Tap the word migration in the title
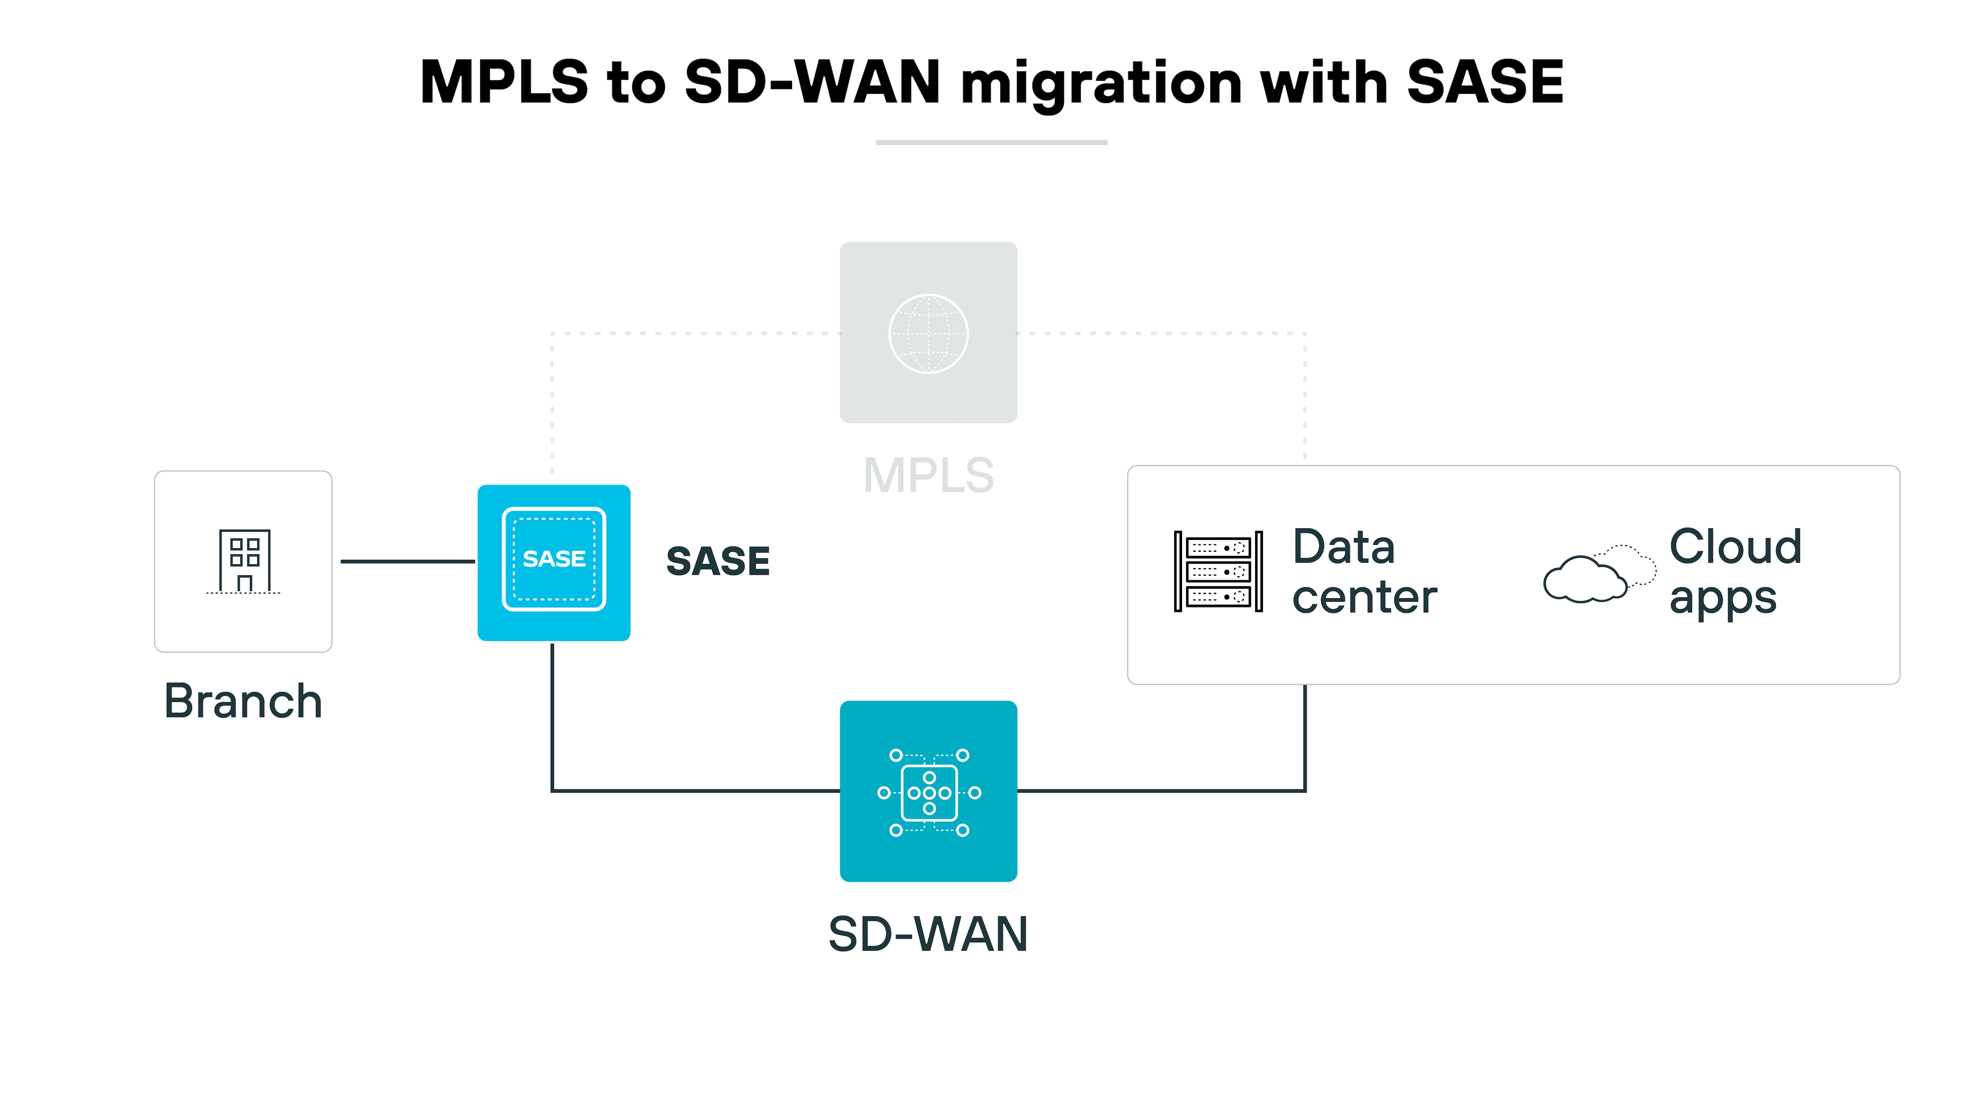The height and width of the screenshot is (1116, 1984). click(1102, 83)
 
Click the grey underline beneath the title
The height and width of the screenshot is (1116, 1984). click(991, 142)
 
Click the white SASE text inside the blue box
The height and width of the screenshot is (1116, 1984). click(554, 558)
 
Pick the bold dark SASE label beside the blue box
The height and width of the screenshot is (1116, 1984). click(718, 561)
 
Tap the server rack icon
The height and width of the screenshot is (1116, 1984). click(1218, 571)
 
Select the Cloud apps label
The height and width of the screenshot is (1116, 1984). click(1734, 571)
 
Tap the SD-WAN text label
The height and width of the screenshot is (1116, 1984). click(928, 934)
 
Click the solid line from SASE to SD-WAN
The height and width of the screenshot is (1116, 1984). click(693, 790)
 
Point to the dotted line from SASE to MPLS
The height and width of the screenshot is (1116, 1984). click(693, 334)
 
